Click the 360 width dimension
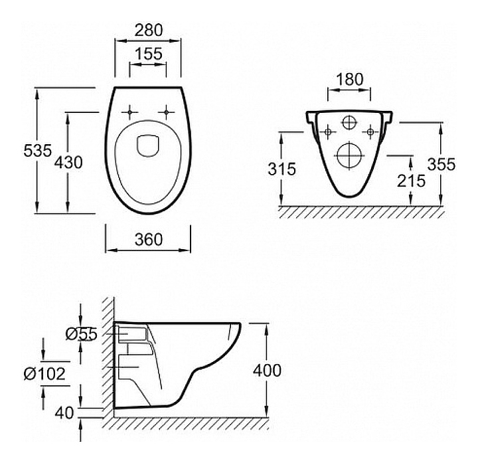(148, 240)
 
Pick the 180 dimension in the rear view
(350, 79)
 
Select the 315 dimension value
(282, 169)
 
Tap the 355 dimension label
(443, 164)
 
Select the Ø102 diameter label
(44, 373)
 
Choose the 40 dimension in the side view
(64, 413)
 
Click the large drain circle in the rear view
(349, 154)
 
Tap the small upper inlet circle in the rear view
(349, 123)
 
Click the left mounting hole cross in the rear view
(326, 132)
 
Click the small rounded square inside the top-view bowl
(147, 144)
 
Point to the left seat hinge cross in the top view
(129, 111)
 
